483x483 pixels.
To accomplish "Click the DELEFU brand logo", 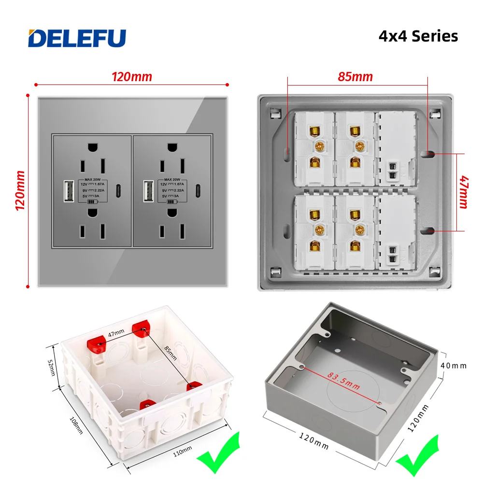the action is [x=77, y=38].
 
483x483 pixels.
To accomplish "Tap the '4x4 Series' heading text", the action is [x=418, y=36].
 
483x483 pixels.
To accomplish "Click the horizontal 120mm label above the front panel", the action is [x=132, y=76].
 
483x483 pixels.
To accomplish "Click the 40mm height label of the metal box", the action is [x=454, y=366].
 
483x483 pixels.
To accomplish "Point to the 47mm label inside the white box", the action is [x=116, y=333].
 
